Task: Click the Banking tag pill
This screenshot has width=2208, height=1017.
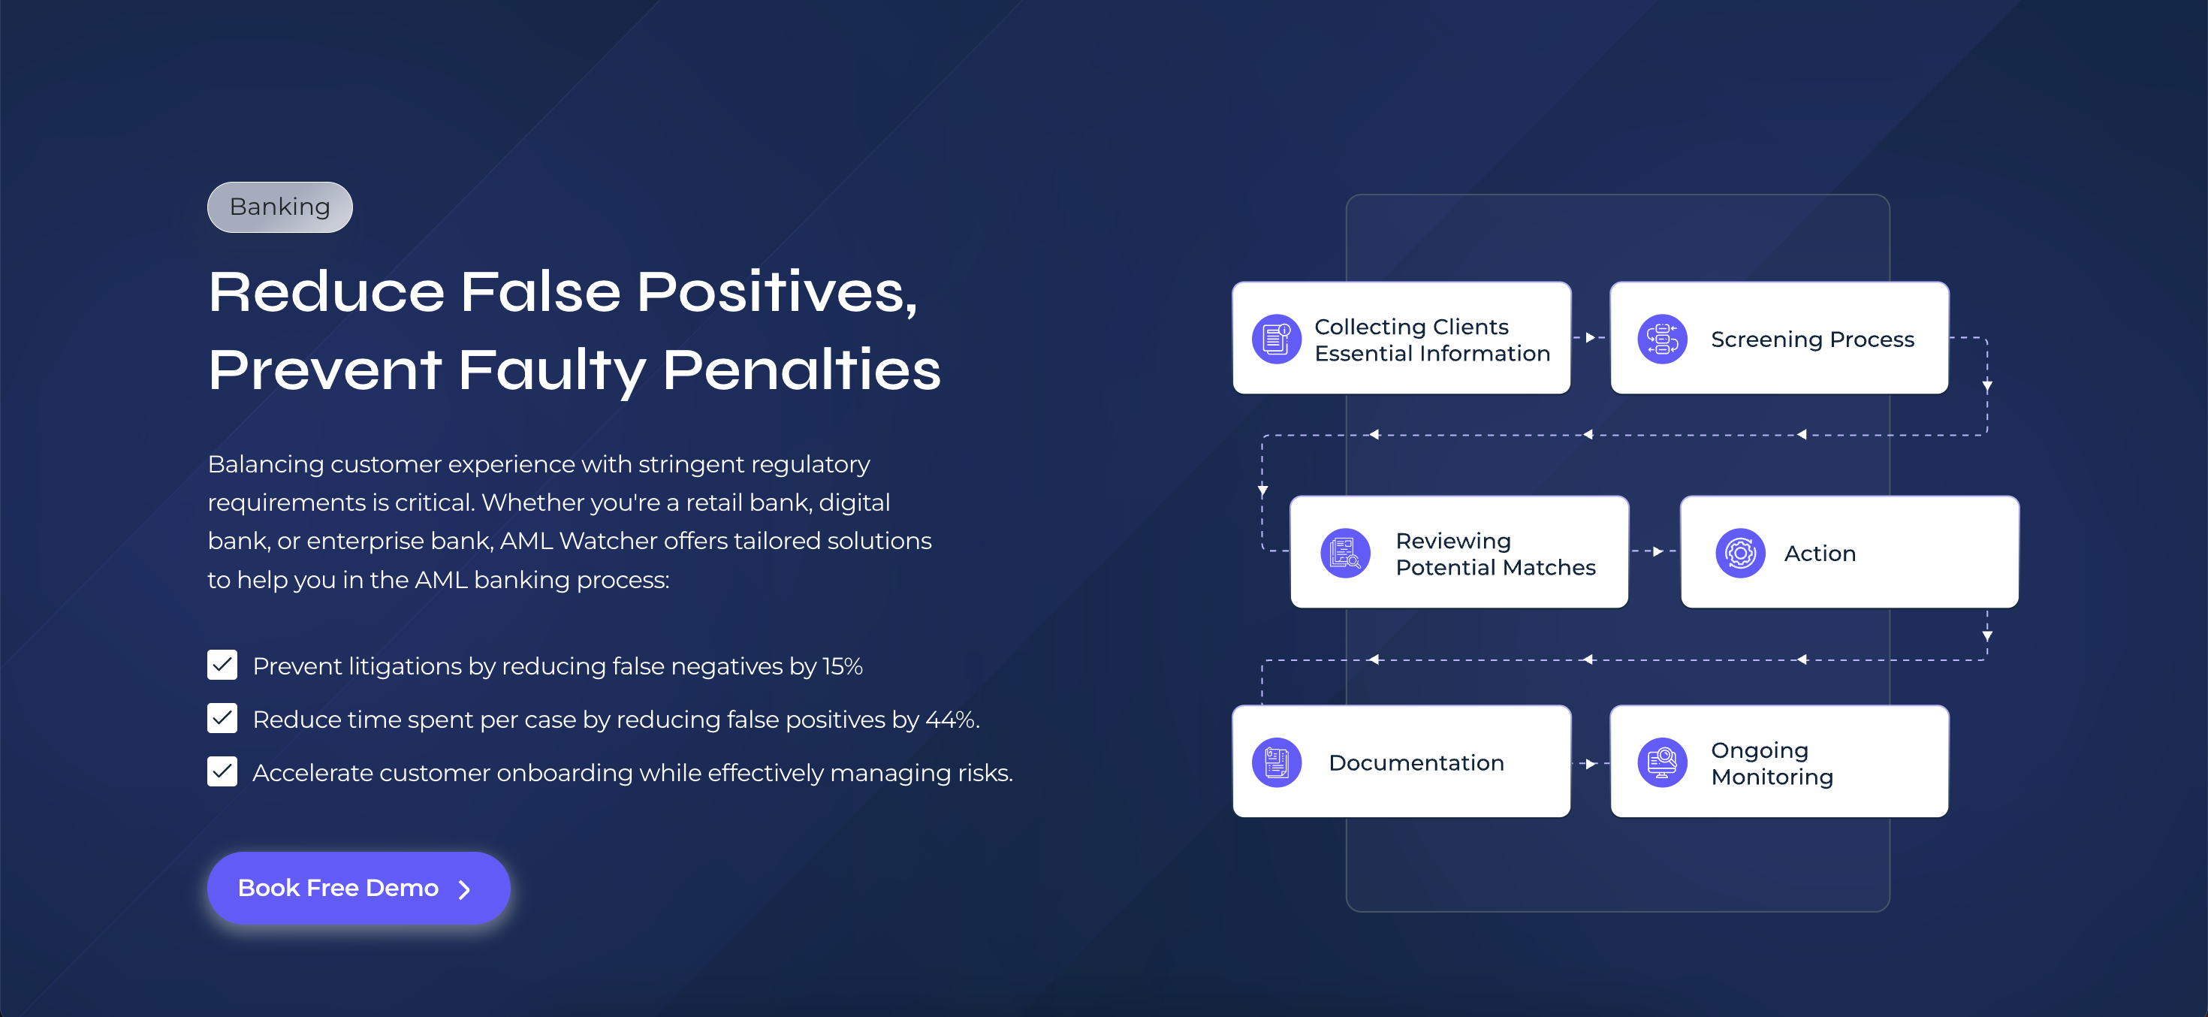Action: point(279,207)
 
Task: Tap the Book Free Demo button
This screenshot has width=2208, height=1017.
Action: point(358,888)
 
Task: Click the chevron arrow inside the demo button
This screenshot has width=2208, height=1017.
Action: point(465,889)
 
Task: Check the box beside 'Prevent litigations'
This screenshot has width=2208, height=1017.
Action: point(222,665)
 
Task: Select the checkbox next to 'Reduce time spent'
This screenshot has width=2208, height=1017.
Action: point(222,718)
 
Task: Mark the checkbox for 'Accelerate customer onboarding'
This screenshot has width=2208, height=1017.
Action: point(222,771)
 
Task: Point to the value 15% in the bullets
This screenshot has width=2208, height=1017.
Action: point(842,666)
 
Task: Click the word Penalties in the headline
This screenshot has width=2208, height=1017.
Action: point(801,370)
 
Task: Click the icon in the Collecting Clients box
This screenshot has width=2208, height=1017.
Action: point(1276,339)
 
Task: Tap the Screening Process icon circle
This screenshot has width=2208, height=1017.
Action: point(1662,339)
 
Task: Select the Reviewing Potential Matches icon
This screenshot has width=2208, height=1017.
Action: point(1345,553)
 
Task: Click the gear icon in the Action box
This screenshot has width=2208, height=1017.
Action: point(1740,553)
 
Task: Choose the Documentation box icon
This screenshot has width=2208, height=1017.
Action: point(1276,762)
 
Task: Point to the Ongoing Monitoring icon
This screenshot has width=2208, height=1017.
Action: point(1662,762)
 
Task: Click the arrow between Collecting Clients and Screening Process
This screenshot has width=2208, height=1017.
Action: point(1590,338)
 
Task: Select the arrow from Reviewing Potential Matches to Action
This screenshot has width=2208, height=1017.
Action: point(1656,551)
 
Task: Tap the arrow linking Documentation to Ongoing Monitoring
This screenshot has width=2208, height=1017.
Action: point(1590,763)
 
